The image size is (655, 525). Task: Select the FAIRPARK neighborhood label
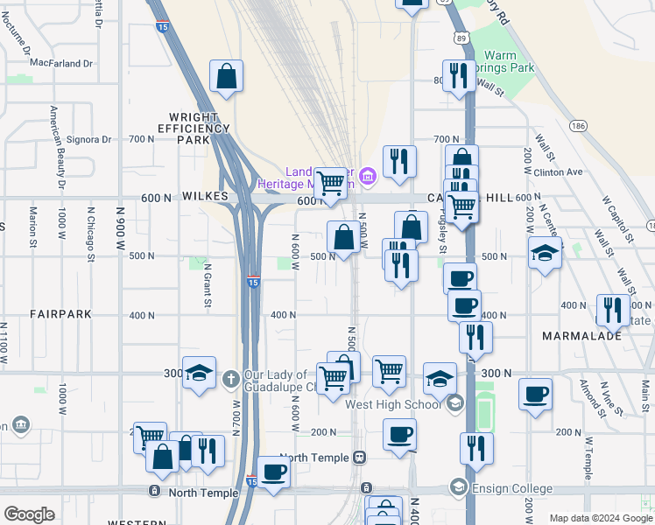click(60, 314)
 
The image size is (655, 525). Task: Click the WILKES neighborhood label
click(206, 198)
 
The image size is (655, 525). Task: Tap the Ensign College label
click(511, 488)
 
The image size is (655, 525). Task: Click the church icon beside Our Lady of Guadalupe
click(230, 379)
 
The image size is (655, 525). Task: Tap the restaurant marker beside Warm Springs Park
click(458, 77)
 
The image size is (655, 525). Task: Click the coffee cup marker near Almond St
click(535, 395)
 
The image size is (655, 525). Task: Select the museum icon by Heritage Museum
click(367, 178)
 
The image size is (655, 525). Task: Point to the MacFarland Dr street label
click(61, 63)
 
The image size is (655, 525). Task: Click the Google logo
click(30, 514)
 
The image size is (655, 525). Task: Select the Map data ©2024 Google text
click(600, 518)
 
